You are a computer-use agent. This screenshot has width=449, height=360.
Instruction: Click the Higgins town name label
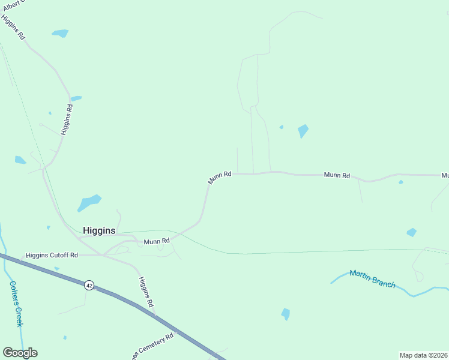point(98,230)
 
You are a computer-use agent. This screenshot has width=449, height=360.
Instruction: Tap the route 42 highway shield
point(89,285)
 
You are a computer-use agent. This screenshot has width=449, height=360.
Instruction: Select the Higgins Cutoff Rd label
point(52,255)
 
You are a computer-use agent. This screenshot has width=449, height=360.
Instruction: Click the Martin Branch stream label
point(373,278)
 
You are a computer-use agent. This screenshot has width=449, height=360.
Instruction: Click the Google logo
point(20,353)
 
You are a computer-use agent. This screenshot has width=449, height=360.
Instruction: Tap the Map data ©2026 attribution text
point(423,355)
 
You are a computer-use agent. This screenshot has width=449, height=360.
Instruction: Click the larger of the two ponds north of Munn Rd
point(303,131)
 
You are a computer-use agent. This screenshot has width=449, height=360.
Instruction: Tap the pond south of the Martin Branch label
point(286,314)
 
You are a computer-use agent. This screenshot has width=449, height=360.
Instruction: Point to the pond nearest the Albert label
point(60,33)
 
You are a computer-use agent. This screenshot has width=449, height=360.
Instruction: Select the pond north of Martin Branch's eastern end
point(411,232)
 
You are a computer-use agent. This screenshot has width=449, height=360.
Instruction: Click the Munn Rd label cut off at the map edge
point(445,175)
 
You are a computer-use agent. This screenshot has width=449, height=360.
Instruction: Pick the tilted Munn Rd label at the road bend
point(220,177)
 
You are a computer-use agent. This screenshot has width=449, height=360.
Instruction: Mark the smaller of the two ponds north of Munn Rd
point(282,127)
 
